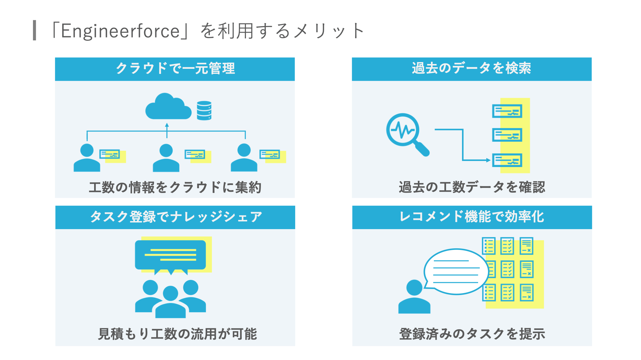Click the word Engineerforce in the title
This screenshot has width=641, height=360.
point(120,31)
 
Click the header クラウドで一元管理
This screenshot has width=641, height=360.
point(175,68)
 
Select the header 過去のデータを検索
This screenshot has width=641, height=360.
point(471,68)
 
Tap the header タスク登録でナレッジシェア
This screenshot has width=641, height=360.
point(175,217)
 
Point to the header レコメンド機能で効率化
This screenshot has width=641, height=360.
point(472,217)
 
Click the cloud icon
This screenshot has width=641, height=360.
point(168,107)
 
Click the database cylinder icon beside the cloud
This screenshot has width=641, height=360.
point(204,110)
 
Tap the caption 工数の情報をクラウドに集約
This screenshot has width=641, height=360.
point(175,187)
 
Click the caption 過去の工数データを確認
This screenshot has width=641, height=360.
point(472,187)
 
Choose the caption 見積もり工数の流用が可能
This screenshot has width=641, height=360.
point(177,334)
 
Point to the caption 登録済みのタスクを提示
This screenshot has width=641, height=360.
point(472,334)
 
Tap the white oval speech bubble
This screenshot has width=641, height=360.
point(456,272)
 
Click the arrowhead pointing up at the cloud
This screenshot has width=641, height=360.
point(167,125)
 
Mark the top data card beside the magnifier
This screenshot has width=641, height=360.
point(507,111)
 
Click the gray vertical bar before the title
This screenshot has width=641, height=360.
point(35,30)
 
